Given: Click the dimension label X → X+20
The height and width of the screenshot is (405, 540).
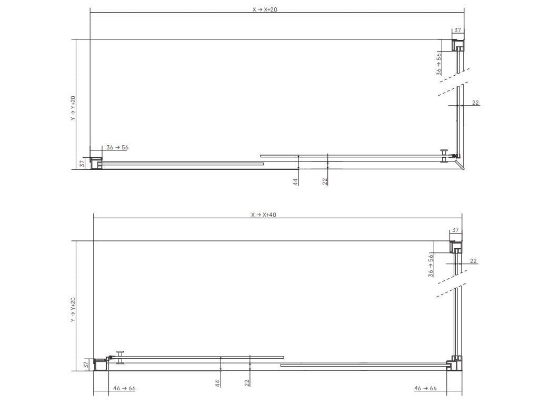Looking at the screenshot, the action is (265, 9).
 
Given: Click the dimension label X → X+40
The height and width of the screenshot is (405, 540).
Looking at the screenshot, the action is (264, 215).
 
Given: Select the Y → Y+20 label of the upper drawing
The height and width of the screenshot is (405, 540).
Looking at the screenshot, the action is (73, 108).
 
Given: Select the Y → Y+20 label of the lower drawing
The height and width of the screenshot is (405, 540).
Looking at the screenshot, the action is (73, 310).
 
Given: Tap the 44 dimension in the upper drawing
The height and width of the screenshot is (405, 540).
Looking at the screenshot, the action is (295, 182).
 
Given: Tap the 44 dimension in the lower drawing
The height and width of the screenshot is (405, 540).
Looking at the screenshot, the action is (218, 383).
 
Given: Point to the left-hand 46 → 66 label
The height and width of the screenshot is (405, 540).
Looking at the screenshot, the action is (124, 389).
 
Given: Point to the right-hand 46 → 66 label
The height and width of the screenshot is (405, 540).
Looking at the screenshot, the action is (425, 389).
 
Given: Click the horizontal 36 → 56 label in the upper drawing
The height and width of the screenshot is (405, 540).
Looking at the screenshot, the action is (117, 148).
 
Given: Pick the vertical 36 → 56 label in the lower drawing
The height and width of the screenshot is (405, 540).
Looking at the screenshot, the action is (431, 266).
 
